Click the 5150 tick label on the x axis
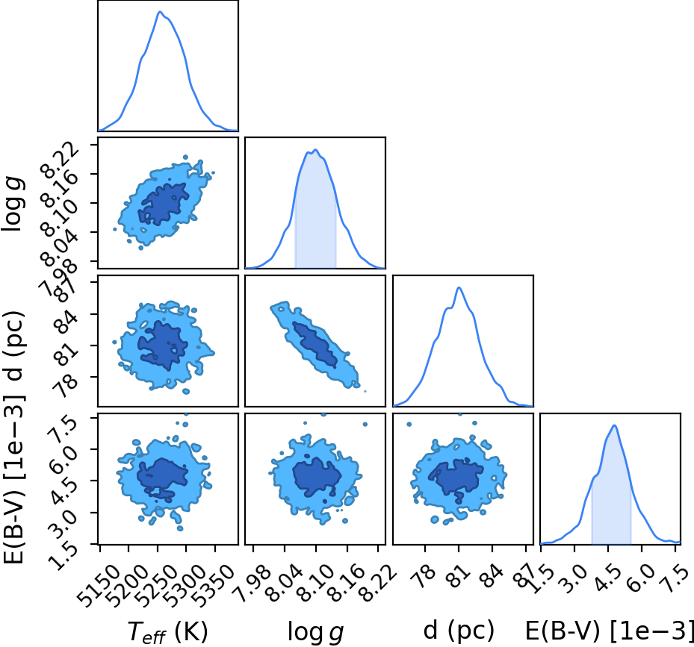pyautogui.click(x=99, y=579)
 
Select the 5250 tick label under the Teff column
pyautogui.click(x=157, y=579)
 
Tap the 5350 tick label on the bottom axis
pyautogui.click(x=214, y=579)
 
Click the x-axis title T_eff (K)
pyautogui.click(x=168, y=631)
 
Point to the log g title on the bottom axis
pyautogui.click(x=315, y=631)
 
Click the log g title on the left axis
pyautogui.click(x=13, y=203)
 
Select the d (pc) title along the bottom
pyautogui.click(x=459, y=631)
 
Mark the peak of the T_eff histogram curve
pyautogui.click(x=160, y=12)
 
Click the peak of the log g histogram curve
pyautogui.click(x=315, y=150)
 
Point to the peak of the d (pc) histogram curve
pyautogui.click(x=459, y=287)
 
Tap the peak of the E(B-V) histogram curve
pyautogui.click(x=614, y=425)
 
